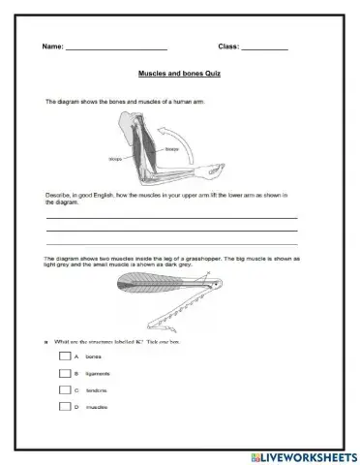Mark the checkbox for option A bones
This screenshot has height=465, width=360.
[64, 356]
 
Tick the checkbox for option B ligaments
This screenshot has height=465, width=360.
[64, 373]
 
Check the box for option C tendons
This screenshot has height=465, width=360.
[64, 389]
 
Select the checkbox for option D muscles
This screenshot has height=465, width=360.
[64, 407]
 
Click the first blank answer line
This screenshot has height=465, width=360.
[171, 219]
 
